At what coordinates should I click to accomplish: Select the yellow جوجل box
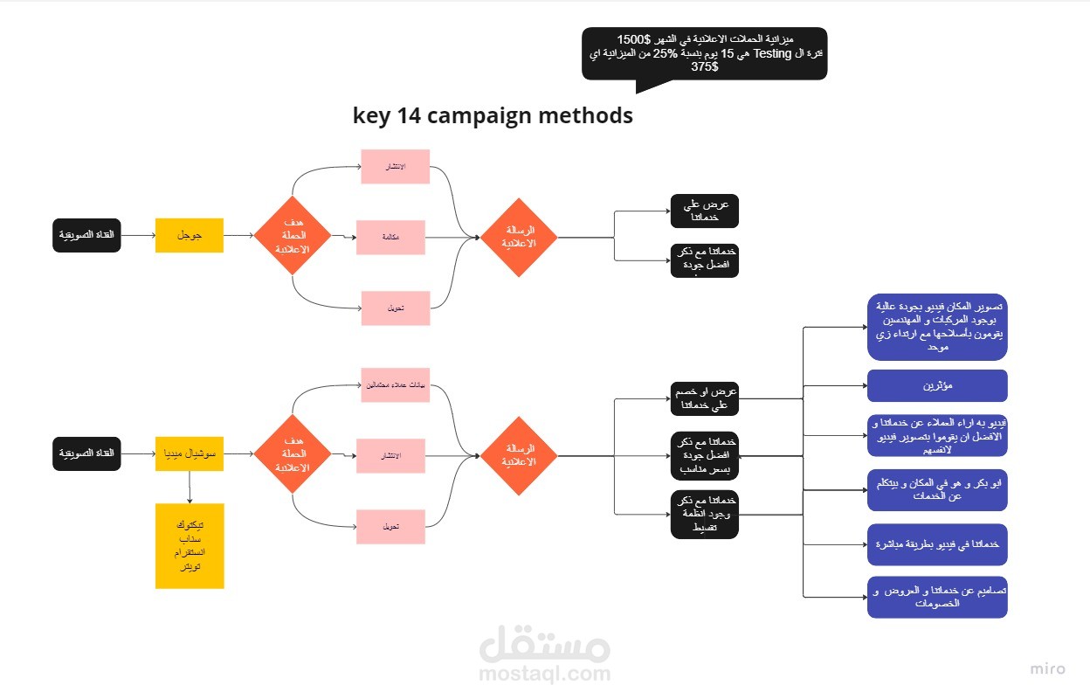pyautogui.click(x=190, y=235)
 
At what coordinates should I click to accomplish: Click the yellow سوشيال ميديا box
pyautogui.click(x=190, y=453)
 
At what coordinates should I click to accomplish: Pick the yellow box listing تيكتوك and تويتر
pyautogui.click(x=190, y=545)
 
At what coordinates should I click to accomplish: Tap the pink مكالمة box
pyautogui.click(x=390, y=237)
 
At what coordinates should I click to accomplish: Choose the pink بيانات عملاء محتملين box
pyautogui.click(x=395, y=385)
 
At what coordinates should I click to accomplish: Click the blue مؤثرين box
pyautogui.click(x=936, y=385)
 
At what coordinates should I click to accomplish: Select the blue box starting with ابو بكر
pyautogui.click(x=936, y=489)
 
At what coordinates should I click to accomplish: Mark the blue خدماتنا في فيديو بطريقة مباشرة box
pyautogui.click(x=936, y=543)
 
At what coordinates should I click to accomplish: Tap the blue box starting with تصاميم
pyautogui.click(x=936, y=597)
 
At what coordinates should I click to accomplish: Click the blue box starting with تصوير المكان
pyautogui.click(x=936, y=327)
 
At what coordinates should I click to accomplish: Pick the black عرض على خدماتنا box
pyautogui.click(x=704, y=211)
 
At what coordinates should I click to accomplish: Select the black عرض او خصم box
pyautogui.click(x=704, y=398)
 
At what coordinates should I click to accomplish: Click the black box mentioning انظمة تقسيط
pyautogui.click(x=704, y=515)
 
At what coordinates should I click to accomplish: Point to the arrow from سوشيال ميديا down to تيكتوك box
pyautogui.click(x=190, y=487)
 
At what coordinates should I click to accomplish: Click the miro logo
pyautogui.click(x=1047, y=669)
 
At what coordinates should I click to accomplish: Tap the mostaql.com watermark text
pyautogui.click(x=544, y=675)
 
